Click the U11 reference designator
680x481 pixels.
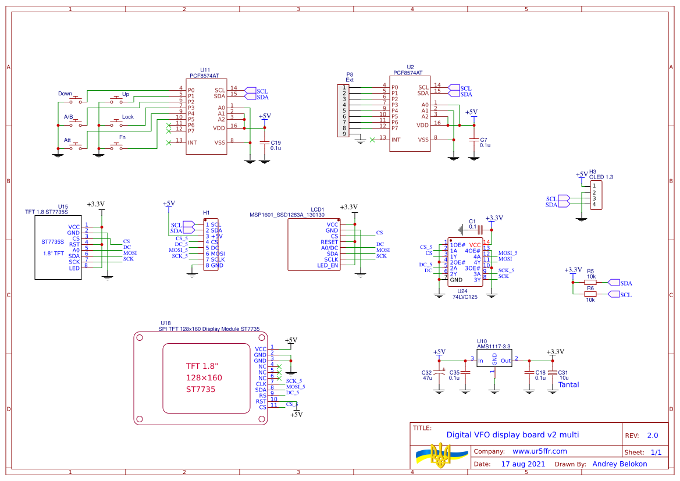point(205,70)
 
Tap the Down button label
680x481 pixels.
point(65,94)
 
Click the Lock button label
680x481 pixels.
point(127,117)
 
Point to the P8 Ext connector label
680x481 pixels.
point(350,77)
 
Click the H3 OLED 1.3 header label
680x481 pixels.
point(601,174)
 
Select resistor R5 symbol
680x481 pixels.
point(590,283)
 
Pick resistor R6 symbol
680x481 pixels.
point(590,294)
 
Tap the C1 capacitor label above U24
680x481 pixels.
point(472,222)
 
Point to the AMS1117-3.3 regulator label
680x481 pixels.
point(494,347)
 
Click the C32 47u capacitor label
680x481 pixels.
point(426,375)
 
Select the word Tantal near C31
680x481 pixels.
point(568,384)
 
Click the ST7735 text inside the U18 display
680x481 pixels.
point(200,389)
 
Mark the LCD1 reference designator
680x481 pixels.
point(317,209)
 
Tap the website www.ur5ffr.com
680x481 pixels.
point(539,451)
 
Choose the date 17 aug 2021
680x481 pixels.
point(523,464)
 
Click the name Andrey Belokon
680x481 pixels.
point(619,464)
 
